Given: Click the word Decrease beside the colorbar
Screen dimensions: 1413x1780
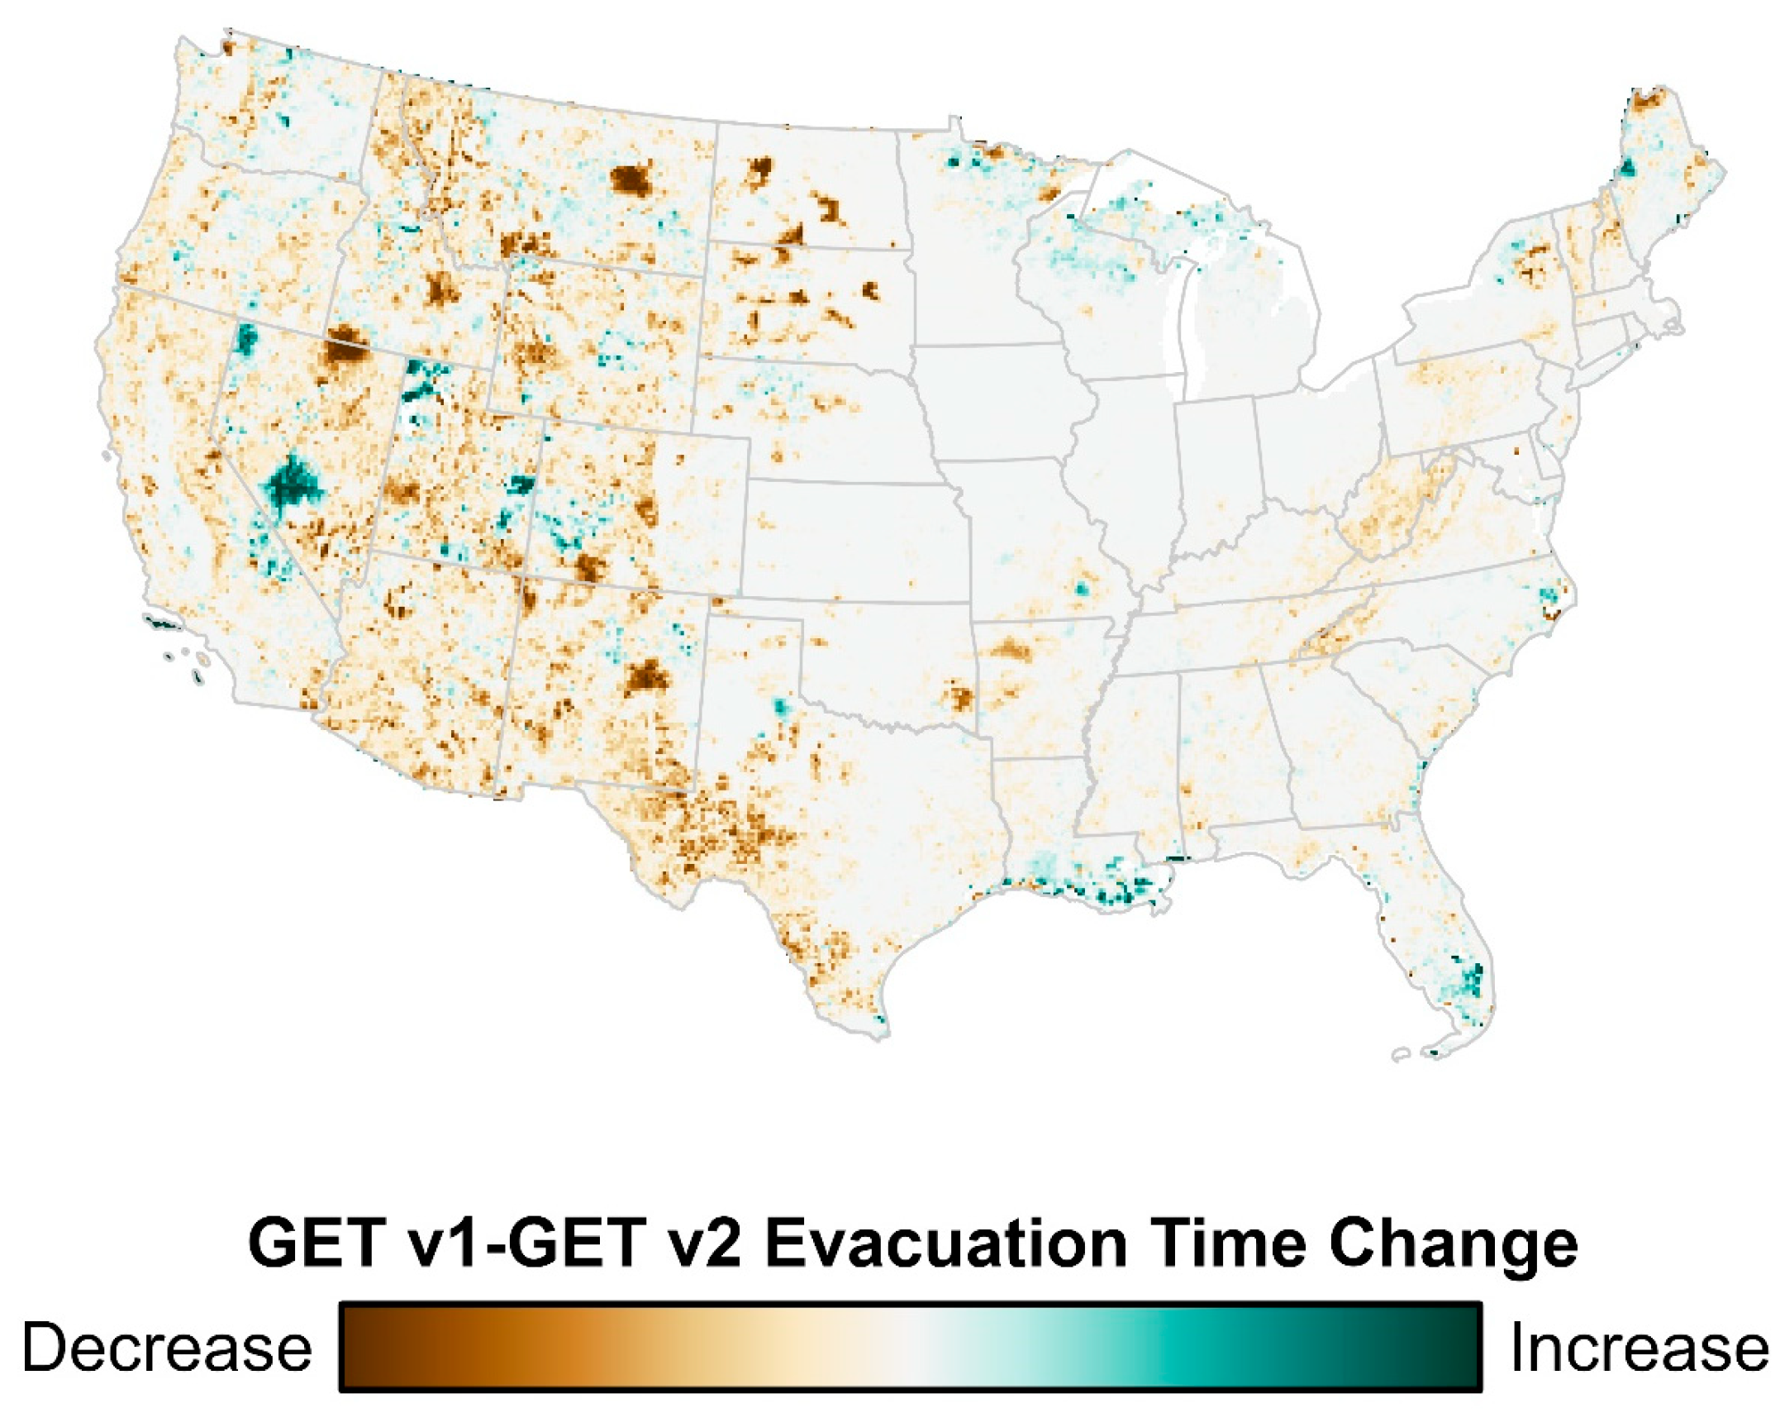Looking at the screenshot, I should [x=166, y=1347].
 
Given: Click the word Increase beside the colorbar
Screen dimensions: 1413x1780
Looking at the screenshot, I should [x=1640, y=1347].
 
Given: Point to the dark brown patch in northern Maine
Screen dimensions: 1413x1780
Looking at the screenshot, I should [x=1646, y=101].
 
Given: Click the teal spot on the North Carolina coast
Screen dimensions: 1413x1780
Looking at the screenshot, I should [x=1549, y=596].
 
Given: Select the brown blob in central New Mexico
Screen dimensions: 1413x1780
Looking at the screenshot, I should [x=645, y=678].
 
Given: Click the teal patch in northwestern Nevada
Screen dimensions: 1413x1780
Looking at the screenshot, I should [x=245, y=337].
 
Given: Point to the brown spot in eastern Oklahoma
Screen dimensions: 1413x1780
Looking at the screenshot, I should [x=959, y=697].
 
